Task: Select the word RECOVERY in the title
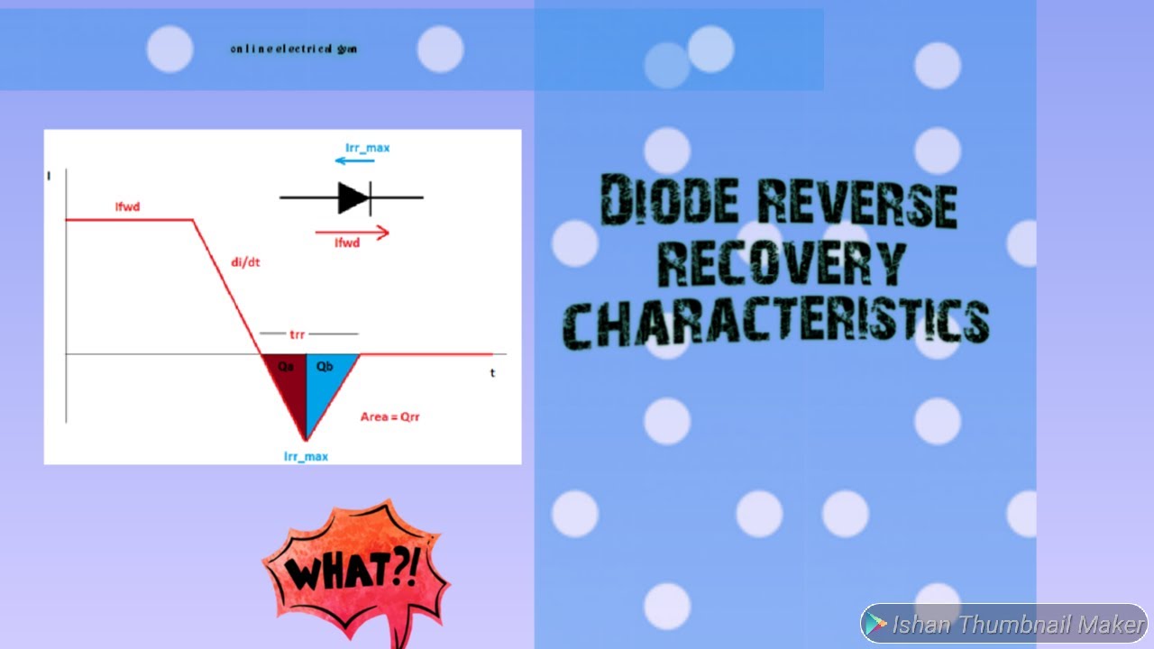pos(780,263)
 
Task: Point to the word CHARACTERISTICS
pos(776,322)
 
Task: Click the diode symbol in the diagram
pos(353,197)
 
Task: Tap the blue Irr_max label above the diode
pos(367,147)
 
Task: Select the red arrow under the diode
pos(352,233)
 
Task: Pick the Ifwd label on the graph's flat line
pos(127,207)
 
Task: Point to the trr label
pos(297,334)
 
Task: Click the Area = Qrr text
pos(390,417)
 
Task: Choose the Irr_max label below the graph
pos(306,456)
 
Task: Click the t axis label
pos(492,372)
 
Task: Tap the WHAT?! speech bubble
pos(354,570)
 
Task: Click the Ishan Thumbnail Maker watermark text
pos(1018,624)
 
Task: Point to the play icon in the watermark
pos(875,624)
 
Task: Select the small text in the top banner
pos(294,49)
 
